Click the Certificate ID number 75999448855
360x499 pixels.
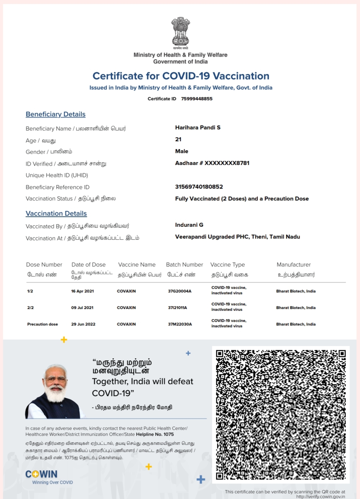[197, 99]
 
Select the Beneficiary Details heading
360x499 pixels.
[55, 114]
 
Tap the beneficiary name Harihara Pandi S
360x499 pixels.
[198, 128]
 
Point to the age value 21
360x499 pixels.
[178, 139]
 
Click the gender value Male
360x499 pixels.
[181, 151]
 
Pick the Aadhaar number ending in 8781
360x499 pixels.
[212, 163]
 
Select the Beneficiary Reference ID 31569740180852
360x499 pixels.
[199, 187]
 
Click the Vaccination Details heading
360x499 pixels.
[56, 213]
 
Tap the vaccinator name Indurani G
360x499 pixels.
[189, 225]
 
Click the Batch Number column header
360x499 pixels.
[184, 265]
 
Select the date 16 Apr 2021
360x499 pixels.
[82, 291]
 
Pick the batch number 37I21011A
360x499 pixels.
[177, 308]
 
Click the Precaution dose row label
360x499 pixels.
[42, 324]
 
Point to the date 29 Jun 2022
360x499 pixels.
[83, 324]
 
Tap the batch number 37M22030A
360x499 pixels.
[180, 324]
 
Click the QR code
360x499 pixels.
[281, 415]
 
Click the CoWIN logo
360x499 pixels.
[41, 475]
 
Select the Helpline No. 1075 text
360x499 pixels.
[155, 434]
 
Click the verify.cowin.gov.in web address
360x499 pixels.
[320, 496]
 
